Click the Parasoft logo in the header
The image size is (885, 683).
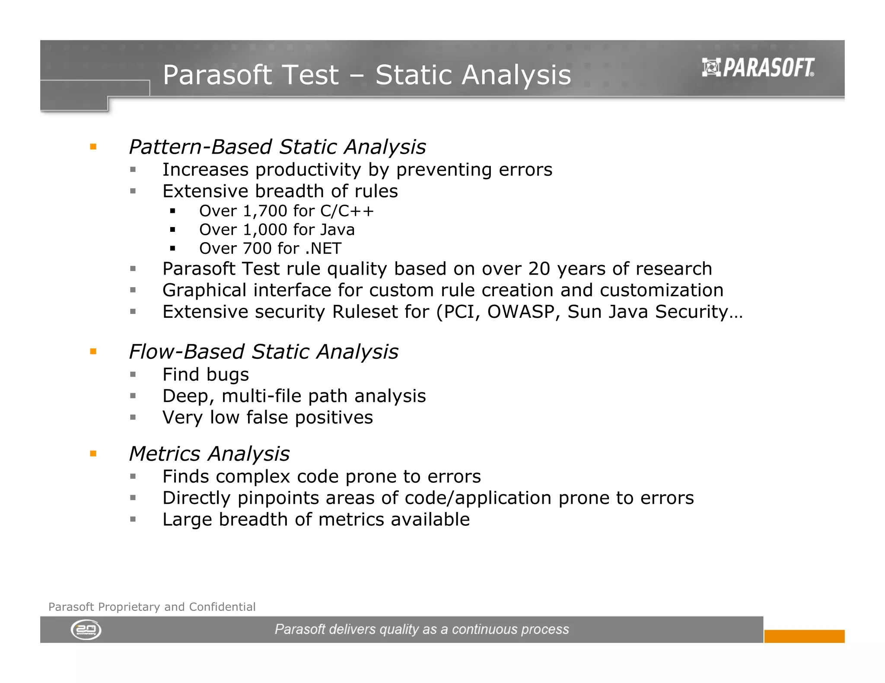(758, 68)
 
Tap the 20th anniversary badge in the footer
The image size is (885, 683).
(86, 630)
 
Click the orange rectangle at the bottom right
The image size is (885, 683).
(804, 636)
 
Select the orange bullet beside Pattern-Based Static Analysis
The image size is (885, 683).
(93, 147)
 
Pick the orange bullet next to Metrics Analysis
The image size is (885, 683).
(93, 453)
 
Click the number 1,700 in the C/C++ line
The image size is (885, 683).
(265, 211)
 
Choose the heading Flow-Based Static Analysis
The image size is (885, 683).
(264, 351)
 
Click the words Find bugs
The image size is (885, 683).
(206, 375)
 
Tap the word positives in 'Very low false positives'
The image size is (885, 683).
(334, 417)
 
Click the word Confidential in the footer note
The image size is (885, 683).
(222, 607)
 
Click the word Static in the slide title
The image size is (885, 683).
(414, 75)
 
